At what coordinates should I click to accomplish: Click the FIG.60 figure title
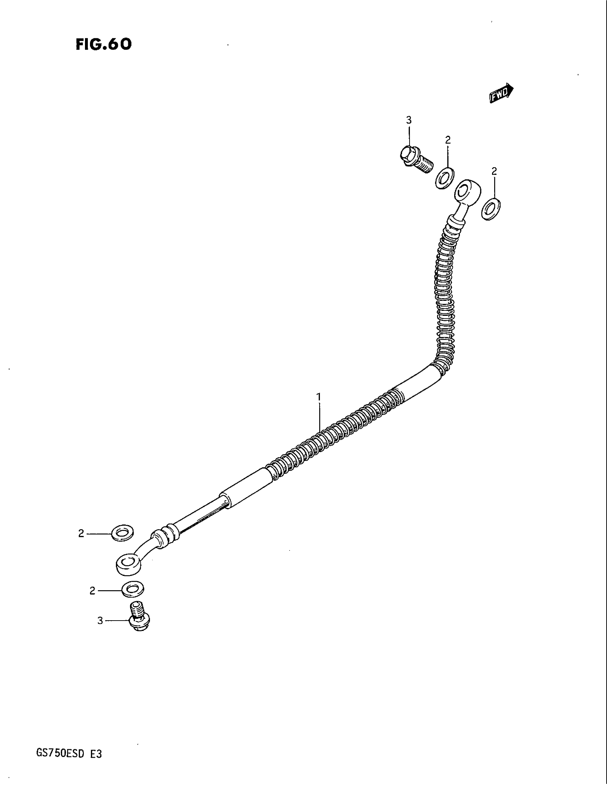pos(104,44)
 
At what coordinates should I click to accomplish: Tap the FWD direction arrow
pos(501,94)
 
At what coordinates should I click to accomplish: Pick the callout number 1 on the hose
pos(318,397)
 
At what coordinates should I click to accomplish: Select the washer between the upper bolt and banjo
pos(445,178)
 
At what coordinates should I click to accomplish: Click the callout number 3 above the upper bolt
pos(409,120)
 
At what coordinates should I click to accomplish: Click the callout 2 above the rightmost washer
pos(494,171)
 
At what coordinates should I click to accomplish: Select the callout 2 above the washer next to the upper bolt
pos(448,140)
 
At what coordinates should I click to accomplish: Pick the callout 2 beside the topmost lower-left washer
pos(81,533)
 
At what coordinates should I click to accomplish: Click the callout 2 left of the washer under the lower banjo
pos(92,591)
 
